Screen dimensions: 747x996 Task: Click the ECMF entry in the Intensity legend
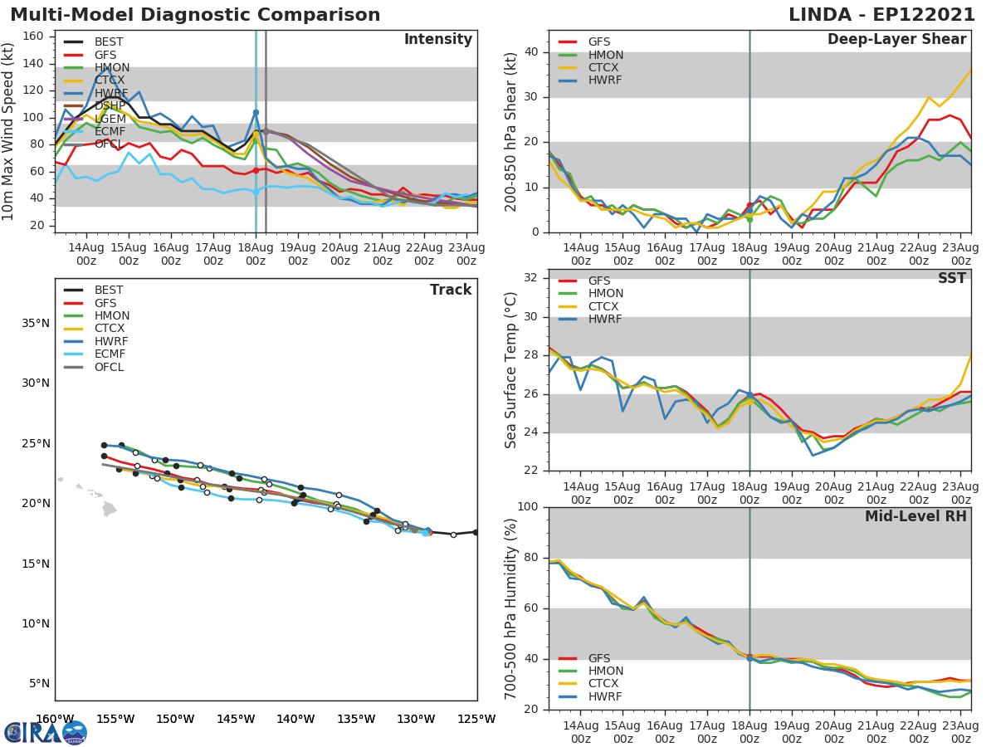click(109, 131)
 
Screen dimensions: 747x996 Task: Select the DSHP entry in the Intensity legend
click(110, 106)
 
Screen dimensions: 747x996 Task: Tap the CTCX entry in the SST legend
click(605, 306)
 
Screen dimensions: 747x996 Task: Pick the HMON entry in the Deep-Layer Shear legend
click(605, 55)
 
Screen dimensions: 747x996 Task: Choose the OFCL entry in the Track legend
click(109, 368)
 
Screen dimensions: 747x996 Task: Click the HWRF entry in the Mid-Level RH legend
click(605, 696)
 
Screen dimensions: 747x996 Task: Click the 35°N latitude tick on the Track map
click(34, 323)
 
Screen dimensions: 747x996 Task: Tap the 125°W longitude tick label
click(476, 719)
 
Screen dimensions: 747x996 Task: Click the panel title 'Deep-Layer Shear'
click(896, 40)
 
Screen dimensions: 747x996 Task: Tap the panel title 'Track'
click(451, 290)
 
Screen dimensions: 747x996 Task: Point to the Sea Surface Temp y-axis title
click(511, 369)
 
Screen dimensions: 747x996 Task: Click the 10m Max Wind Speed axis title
click(9, 131)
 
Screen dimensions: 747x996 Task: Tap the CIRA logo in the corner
click(45, 733)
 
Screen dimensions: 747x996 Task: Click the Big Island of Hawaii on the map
click(110, 508)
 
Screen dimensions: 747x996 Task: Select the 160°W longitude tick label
click(55, 719)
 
